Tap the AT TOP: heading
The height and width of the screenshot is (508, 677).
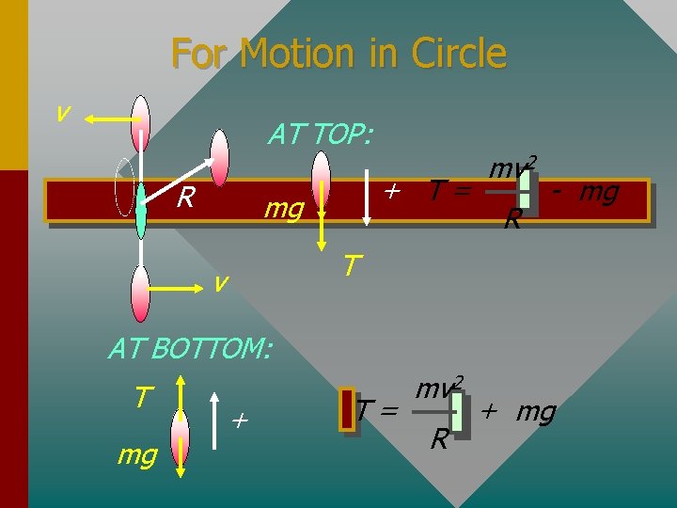(320, 135)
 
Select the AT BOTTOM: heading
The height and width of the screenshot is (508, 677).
(190, 349)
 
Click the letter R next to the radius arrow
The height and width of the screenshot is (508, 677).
(185, 198)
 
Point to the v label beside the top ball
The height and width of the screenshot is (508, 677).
(62, 112)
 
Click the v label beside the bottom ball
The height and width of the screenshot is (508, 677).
(218, 281)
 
